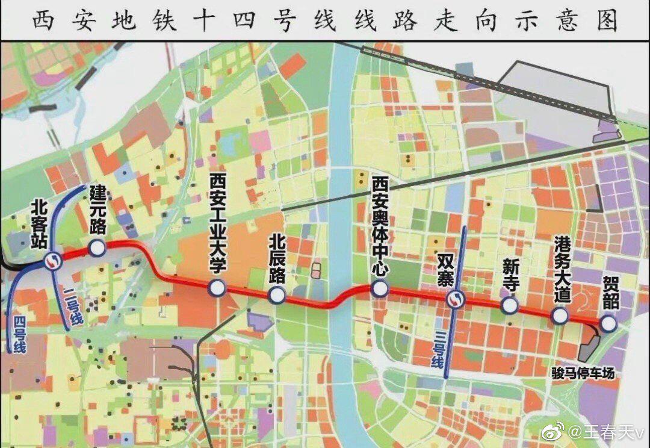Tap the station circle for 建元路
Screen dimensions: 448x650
pos(96,247)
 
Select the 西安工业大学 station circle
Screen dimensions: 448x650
pos(217,288)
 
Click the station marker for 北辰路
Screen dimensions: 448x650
pos(277,294)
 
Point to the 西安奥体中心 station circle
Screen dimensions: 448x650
pos(380,289)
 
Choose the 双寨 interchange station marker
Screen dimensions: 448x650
pos(454,299)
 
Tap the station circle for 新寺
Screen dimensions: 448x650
pos(509,306)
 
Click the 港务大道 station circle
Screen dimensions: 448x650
pos(560,316)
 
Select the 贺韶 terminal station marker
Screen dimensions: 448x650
pos(608,324)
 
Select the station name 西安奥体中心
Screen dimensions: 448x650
pos(379,226)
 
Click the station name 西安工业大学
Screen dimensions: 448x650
pos(217,226)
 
